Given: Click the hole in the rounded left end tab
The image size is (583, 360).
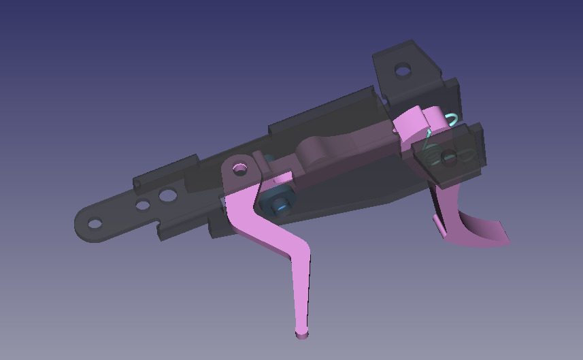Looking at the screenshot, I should tap(95, 223).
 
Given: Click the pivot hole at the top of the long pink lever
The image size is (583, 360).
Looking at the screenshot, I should tap(239, 167).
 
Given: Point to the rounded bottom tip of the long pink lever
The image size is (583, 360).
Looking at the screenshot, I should tap(301, 333).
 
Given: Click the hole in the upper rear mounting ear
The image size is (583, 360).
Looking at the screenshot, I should tap(403, 69).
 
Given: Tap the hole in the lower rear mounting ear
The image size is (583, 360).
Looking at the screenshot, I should tap(448, 159).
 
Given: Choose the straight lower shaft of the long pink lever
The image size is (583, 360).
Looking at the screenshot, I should tap(302, 293).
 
